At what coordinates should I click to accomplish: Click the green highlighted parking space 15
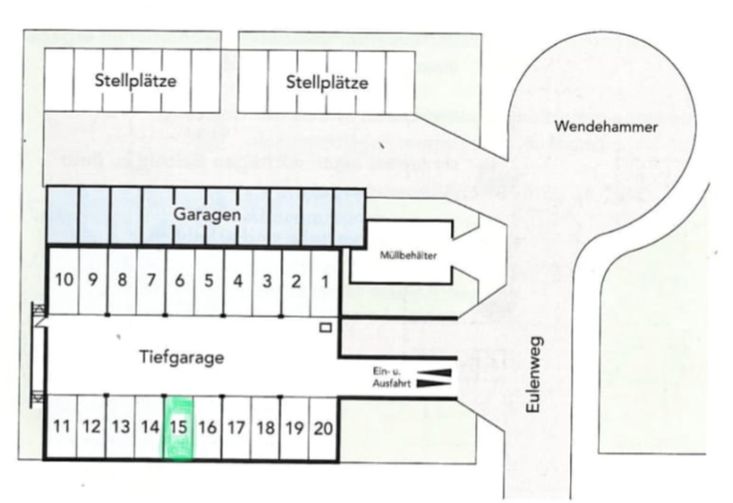pos(179,427)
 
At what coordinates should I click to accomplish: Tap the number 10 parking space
pos(64,281)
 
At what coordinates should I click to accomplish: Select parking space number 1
pos(325,281)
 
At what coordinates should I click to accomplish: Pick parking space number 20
pos(323,427)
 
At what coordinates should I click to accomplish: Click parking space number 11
pos(63,427)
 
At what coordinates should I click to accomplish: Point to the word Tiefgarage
pos(182,357)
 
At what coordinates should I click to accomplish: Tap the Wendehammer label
pos(605,127)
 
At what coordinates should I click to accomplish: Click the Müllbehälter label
pos(408,256)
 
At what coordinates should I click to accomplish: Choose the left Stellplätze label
pos(135,81)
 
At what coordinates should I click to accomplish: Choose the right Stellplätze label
pos(327,82)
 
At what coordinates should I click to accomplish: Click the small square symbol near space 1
pos(326,327)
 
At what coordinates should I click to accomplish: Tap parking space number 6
pos(180,281)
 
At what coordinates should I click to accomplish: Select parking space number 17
pos(237,427)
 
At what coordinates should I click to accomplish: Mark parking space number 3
pos(266,281)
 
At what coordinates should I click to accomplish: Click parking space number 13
pos(121,427)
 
